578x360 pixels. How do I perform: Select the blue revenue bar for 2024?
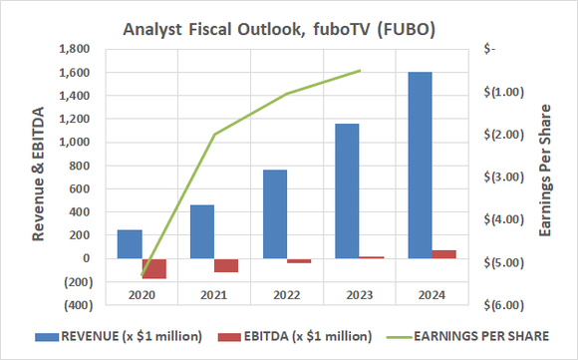[x=419, y=165]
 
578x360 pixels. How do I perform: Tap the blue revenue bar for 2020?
[x=130, y=244]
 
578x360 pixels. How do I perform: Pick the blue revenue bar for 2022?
[x=274, y=213]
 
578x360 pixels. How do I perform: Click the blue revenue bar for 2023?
[x=347, y=190]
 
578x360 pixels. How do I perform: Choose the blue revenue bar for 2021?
[x=202, y=231]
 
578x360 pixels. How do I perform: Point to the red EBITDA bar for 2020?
[x=154, y=268]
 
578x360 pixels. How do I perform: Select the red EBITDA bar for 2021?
[x=226, y=265]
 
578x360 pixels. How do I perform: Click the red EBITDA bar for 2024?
[x=443, y=254]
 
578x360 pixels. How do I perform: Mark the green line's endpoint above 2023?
[x=359, y=71]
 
